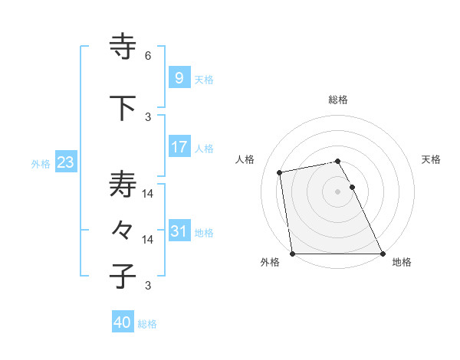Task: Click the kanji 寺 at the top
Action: [123, 46]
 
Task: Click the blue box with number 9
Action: [179, 78]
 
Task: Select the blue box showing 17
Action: [179, 147]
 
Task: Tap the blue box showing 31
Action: [179, 231]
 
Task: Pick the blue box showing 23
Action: [64, 162]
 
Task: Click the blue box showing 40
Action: [122, 322]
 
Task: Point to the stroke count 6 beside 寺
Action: [148, 56]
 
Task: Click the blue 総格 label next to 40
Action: [147, 324]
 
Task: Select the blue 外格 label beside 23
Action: [40, 163]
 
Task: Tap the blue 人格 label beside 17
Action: [204, 148]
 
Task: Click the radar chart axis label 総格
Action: [338, 100]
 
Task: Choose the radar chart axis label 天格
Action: [432, 159]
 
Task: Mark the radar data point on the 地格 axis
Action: [383, 254]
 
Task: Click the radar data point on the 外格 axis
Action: [292, 254]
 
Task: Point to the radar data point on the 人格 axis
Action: [281, 172]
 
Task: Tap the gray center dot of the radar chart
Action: [337, 191]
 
